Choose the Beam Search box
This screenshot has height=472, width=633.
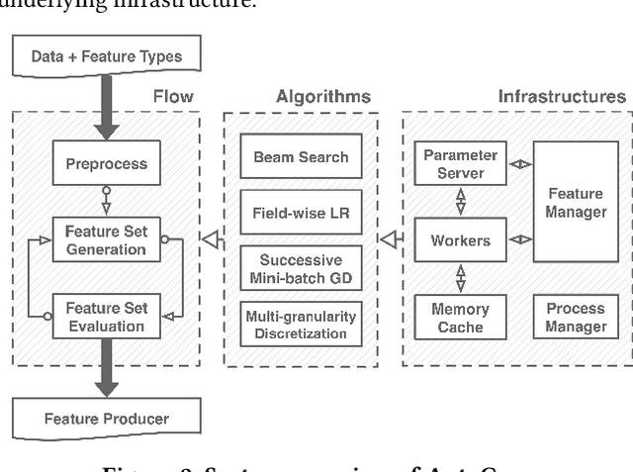click(301, 157)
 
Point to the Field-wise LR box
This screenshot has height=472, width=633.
click(301, 212)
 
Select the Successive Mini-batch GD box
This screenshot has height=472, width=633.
click(301, 267)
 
